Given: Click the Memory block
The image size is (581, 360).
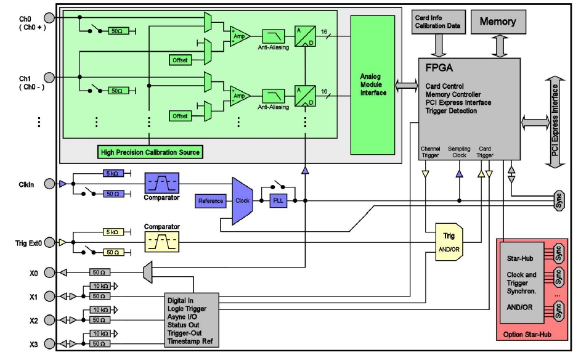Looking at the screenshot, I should coord(497,22).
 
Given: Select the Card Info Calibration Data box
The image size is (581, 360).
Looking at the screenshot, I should coord(436,22).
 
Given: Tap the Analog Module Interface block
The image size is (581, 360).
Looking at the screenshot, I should coord(373,85).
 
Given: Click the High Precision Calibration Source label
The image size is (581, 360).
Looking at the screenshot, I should coord(150,152).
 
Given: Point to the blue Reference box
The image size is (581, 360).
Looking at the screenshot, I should coord(211,201).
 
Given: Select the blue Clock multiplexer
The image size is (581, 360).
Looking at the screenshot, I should coord(242,201).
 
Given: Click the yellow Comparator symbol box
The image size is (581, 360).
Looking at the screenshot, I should coord(161,242).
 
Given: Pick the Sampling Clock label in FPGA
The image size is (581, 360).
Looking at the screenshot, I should coord(459,152).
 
